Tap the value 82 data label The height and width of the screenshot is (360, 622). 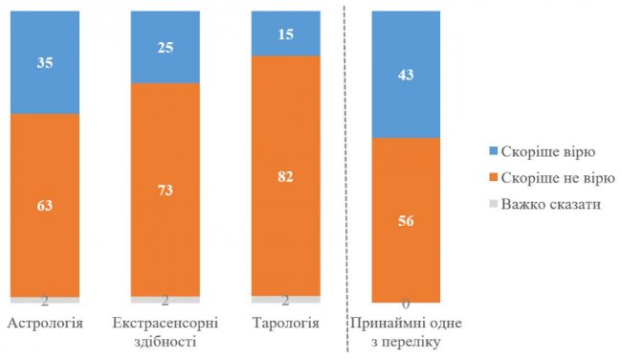285,177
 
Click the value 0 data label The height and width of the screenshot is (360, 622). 406,304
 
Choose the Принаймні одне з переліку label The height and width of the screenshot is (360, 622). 406,331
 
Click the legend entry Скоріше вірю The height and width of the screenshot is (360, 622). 537,150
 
